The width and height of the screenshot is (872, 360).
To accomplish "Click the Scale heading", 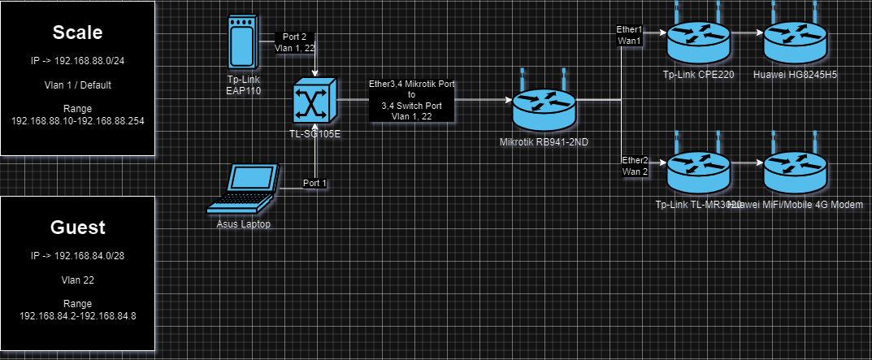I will pyautogui.click(x=77, y=33).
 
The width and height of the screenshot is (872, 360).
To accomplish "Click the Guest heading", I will pyautogui.click(x=77, y=227).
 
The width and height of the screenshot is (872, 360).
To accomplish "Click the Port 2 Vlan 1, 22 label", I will pyautogui.click(x=293, y=42).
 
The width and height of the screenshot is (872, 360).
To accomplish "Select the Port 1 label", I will pyautogui.click(x=315, y=183).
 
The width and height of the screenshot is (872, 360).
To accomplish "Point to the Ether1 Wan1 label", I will pyautogui.click(x=629, y=35).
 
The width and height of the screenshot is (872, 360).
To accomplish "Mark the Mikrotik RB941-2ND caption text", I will pyautogui.click(x=544, y=142).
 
